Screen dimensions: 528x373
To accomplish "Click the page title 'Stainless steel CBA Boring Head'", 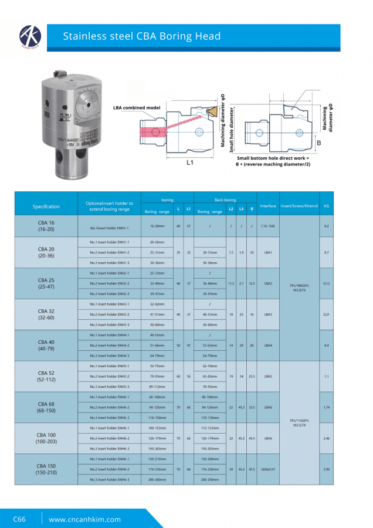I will pyautogui.click(x=142, y=36).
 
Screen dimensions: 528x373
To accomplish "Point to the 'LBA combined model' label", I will pyautogui.click(x=137, y=107).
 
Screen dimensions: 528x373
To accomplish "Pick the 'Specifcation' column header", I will pyautogui.click(x=46, y=207).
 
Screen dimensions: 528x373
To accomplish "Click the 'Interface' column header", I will pyautogui.click(x=267, y=206).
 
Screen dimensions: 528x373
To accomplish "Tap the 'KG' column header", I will pyautogui.click(x=325, y=206).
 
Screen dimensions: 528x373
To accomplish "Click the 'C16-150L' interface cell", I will pyautogui.click(x=267, y=226).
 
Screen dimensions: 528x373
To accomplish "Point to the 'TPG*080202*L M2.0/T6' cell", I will pyautogui.click(x=300, y=288).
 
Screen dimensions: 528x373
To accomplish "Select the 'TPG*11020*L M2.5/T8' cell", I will pyautogui.click(x=300, y=422).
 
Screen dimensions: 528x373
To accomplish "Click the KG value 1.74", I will pyautogui.click(x=325, y=407).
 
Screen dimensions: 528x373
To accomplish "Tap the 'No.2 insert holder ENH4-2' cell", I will pyautogui.click(x=110, y=345).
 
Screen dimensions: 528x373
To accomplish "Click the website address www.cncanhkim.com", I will pyautogui.click(x=84, y=519).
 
